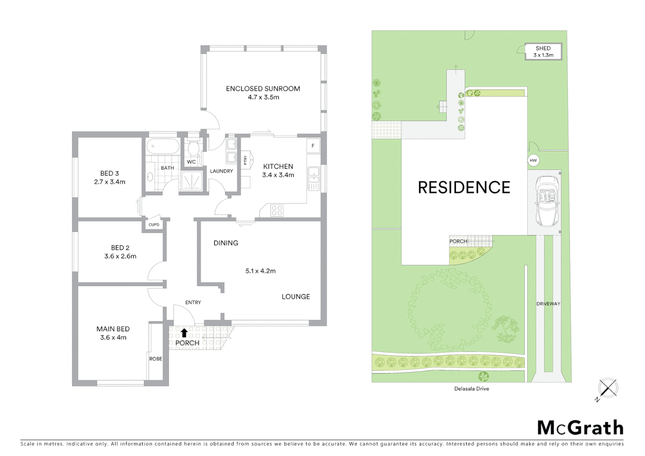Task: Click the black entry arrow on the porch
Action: pyautogui.click(x=184, y=333)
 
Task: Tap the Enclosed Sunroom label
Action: pyautogui.click(x=263, y=89)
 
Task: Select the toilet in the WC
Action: pyautogui.click(x=193, y=149)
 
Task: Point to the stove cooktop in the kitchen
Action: pyautogui.click(x=277, y=210)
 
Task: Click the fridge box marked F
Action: pyautogui.click(x=313, y=146)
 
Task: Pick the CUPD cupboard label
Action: pyautogui.click(x=154, y=225)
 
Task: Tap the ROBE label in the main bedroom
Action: pyautogui.click(x=155, y=359)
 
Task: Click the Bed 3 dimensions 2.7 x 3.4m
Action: pyautogui.click(x=109, y=182)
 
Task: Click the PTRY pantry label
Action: pyautogui.click(x=245, y=160)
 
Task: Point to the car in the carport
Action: pyautogui.click(x=547, y=201)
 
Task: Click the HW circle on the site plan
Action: pyautogui.click(x=533, y=160)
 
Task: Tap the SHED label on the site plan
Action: pyautogui.click(x=543, y=49)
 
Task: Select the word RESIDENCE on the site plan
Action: pyautogui.click(x=464, y=187)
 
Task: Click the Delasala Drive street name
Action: pyautogui.click(x=472, y=389)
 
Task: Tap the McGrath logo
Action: pyautogui.click(x=580, y=428)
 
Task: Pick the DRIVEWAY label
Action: pyautogui.click(x=548, y=304)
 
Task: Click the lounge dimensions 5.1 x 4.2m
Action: pyautogui.click(x=260, y=271)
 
